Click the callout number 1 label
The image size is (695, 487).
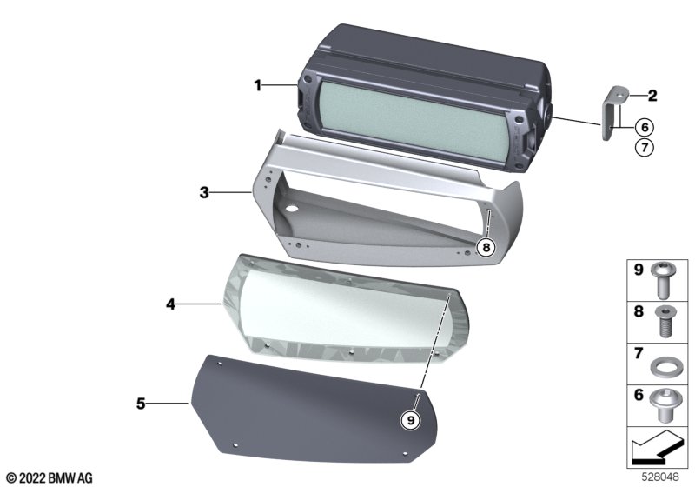pyautogui.click(x=257, y=85)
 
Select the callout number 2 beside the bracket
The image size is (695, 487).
pyautogui.click(x=652, y=96)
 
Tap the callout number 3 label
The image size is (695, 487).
pyautogui.click(x=204, y=193)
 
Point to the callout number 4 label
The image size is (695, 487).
pyautogui.click(x=170, y=304)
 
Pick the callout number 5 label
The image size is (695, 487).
pyautogui.click(x=141, y=404)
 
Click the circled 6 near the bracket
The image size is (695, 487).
pyautogui.click(x=645, y=127)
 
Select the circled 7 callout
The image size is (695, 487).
pyautogui.click(x=645, y=147)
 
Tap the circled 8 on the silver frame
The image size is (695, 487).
pyautogui.click(x=486, y=247)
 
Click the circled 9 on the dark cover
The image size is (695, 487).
pyautogui.click(x=410, y=419)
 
